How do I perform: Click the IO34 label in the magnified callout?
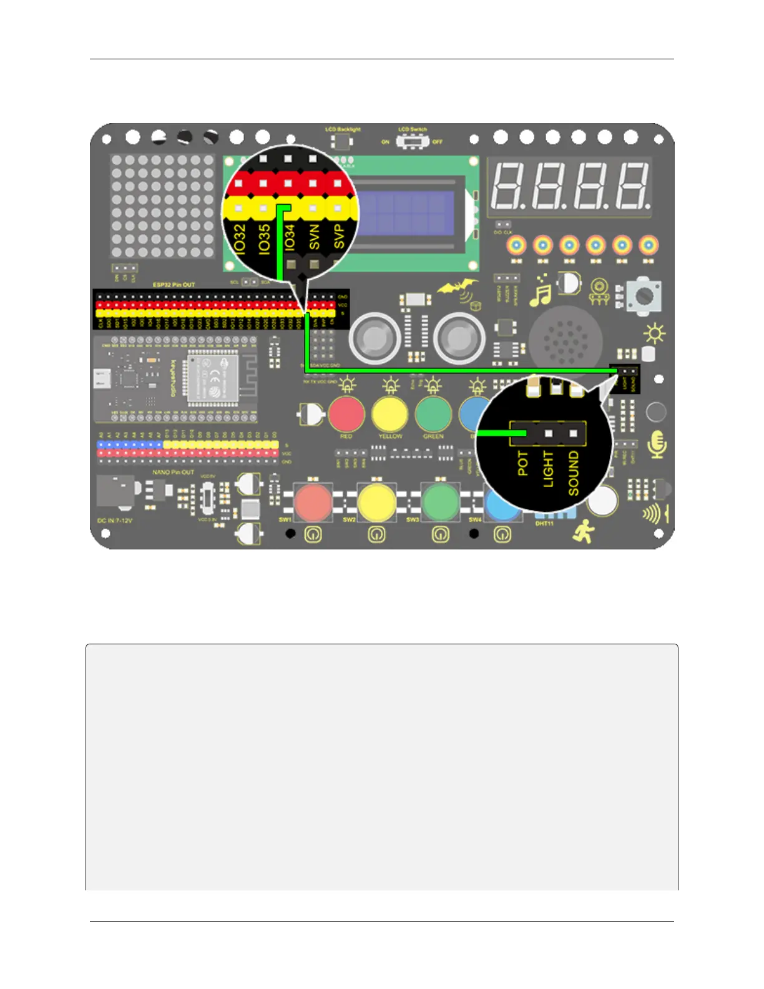(289, 237)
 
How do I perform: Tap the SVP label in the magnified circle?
(339, 237)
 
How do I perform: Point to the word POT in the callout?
(523, 463)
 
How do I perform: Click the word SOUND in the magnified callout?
(574, 473)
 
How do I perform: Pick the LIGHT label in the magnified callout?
(548, 469)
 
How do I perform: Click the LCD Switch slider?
(411, 142)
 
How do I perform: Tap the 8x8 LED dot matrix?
(162, 207)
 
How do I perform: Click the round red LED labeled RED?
(346, 414)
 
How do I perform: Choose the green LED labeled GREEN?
(433, 414)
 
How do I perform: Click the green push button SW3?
(441, 501)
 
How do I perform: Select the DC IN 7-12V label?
(115, 520)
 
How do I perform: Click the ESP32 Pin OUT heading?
(174, 285)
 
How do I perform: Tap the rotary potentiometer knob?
(644, 295)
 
